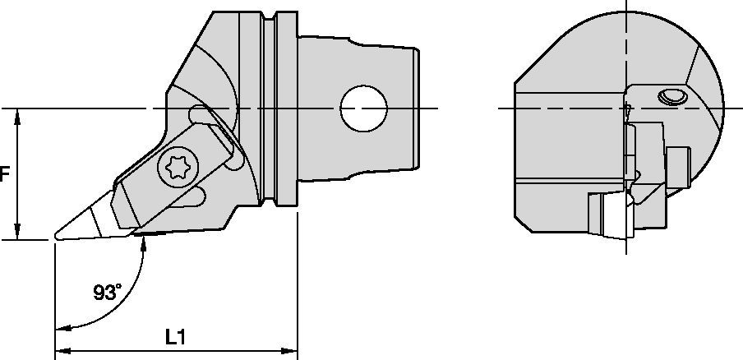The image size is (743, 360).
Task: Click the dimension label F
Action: [x=5, y=174]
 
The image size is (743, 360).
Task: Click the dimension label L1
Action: [x=175, y=337]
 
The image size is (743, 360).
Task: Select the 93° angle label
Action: [x=107, y=291]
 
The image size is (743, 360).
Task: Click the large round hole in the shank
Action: [x=364, y=108]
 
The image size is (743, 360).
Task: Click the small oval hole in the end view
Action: [x=671, y=98]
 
